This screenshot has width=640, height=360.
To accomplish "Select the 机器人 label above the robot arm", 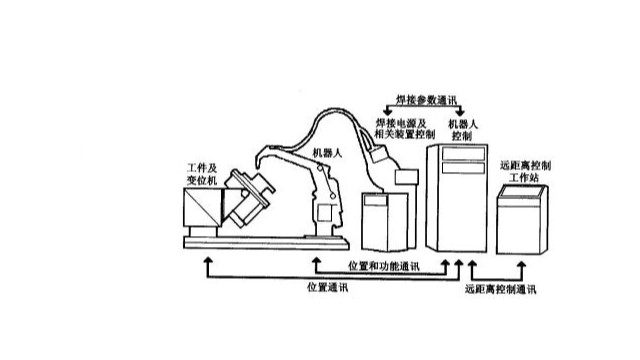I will [328, 153].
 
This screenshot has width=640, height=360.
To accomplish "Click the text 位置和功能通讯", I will [383, 267].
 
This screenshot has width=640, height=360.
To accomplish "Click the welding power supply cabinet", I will [385, 221].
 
